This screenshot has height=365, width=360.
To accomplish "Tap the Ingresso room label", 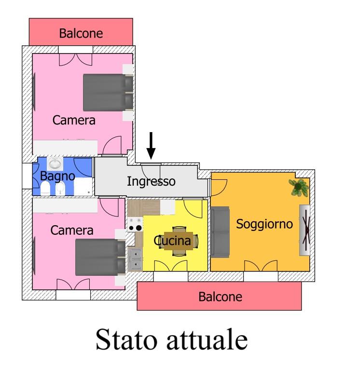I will pos(151,182).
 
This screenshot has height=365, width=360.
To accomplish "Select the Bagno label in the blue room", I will pos(57,176).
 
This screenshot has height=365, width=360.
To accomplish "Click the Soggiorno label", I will pos(264,224).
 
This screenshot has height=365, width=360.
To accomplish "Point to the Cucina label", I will pos(175,240).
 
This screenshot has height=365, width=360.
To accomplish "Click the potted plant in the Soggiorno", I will pos(299,187).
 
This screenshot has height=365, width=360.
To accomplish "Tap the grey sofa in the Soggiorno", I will pos(220,231).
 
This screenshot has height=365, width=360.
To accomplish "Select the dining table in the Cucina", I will pos(180,240).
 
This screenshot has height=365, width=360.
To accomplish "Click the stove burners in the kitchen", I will pos(135,224).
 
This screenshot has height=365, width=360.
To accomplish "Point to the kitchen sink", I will pos(135,257).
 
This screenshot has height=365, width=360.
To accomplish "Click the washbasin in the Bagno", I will pos(55,164).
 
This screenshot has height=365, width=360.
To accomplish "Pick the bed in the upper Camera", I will pos(108,92).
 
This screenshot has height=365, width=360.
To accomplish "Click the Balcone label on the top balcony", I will pos(81,33).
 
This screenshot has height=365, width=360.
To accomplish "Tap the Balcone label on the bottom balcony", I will pos(220,297).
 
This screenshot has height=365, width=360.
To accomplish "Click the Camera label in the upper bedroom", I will pos(74,120).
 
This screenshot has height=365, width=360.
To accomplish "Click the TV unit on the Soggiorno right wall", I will pos(305,230).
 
